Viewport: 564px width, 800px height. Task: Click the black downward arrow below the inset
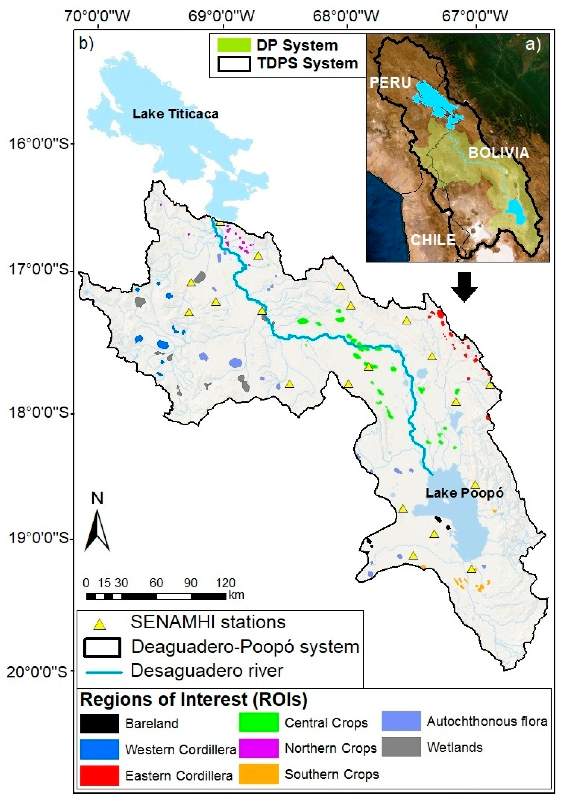tap(464, 287)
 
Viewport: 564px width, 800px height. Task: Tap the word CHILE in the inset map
tap(433, 240)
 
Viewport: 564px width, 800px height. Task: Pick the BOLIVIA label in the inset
tap(498, 153)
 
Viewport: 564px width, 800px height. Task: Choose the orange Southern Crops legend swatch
tap(259, 774)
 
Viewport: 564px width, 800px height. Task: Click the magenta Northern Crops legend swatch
tap(259, 748)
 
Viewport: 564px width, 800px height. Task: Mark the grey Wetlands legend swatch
tap(401, 747)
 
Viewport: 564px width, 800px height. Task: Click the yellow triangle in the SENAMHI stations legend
tap(100, 624)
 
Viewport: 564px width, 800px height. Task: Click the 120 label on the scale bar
tap(226, 583)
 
